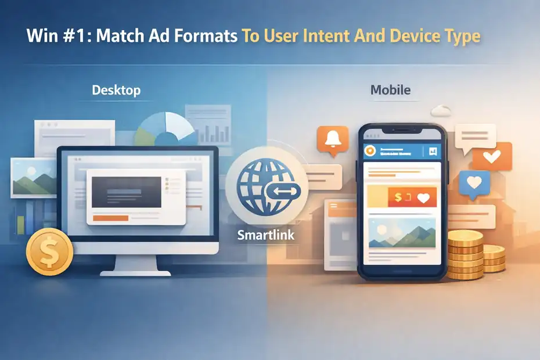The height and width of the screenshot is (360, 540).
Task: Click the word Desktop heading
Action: click(116, 91)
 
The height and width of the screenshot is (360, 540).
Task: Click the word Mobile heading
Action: click(390, 90)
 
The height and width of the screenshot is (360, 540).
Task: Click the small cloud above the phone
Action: click(442, 109)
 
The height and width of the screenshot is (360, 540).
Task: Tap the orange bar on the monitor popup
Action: click(110, 218)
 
